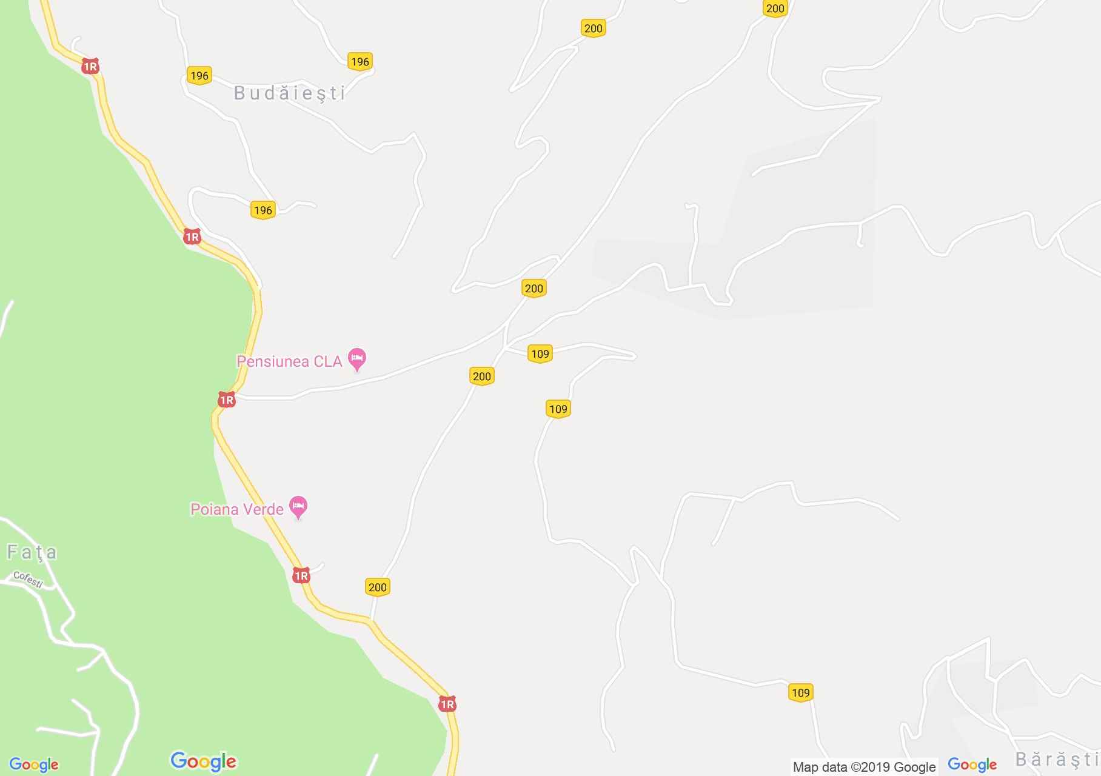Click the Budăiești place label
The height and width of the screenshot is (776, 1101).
tap(290, 93)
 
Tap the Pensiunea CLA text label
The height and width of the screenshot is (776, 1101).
tap(289, 362)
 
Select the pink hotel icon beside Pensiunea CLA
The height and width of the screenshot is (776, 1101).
tap(357, 358)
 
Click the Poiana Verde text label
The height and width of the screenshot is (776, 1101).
tap(237, 509)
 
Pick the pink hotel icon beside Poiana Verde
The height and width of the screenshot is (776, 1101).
tap(298, 507)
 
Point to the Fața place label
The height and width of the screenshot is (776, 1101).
tap(32, 552)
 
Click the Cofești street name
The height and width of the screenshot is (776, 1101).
tap(28, 580)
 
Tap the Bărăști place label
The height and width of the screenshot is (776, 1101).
tap(1057, 760)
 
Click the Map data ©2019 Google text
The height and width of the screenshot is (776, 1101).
tap(864, 767)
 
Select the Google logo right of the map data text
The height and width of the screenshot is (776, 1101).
tap(972, 764)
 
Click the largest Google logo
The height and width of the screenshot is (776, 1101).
tap(203, 761)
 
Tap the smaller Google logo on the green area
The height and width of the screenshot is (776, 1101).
tap(34, 765)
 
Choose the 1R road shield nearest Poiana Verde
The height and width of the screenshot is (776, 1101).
tap(301, 575)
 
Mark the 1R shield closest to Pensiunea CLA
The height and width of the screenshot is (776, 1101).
tap(226, 400)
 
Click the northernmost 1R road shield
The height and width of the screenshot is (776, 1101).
tap(90, 67)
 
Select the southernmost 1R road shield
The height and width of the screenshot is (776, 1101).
tap(447, 704)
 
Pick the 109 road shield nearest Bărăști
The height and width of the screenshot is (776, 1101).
tap(800, 692)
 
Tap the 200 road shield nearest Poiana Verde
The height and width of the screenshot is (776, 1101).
tap(377, 587)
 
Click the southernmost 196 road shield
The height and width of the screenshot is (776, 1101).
tap(263, 210)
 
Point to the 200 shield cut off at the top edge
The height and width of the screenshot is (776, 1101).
tap(775, 8)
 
